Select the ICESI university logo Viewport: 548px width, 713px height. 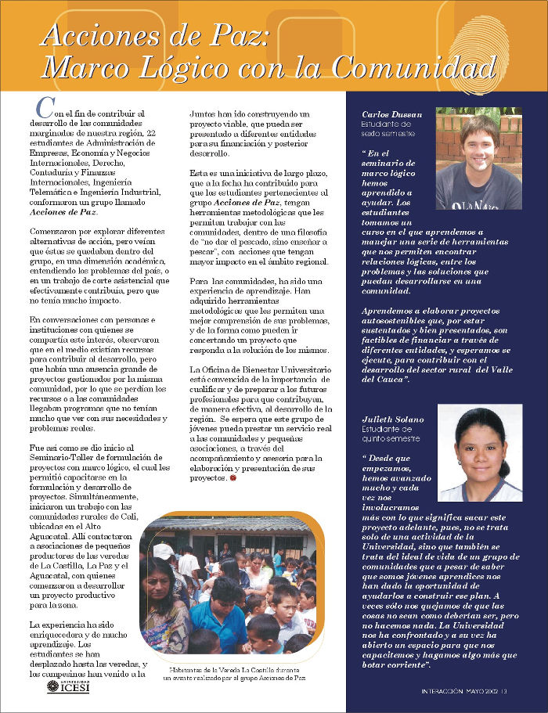pos(68,686)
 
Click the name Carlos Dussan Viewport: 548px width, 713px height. pos(392,114)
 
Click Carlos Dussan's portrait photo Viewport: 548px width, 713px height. pos(479,158)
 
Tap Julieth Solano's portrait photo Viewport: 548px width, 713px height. pos(480,453)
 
